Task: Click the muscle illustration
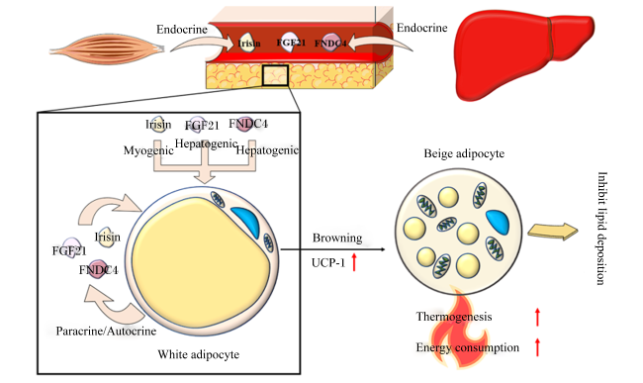click(107, 49)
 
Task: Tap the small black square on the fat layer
click(275, 75)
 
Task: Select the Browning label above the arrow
click(337, 238)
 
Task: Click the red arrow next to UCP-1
click(354, 262)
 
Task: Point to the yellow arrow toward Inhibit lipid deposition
click(552, 232)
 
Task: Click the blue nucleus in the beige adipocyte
click(498, 222)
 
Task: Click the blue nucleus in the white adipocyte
click(247, 221)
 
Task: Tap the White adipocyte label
click(199, 354)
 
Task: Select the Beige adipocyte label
click(464, 153)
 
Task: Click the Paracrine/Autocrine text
click(106, 331)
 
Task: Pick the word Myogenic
click(148, 150)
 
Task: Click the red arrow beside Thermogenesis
click(537, 317)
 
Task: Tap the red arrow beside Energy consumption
click(537, 347)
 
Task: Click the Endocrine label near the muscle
click(182, 30)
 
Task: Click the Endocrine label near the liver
click(421, 28)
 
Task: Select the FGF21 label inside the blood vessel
click(291, 43)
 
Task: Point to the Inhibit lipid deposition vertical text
click(601, 228)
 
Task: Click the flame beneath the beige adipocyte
click(459, 328)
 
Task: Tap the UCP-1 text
click(328, 263)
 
